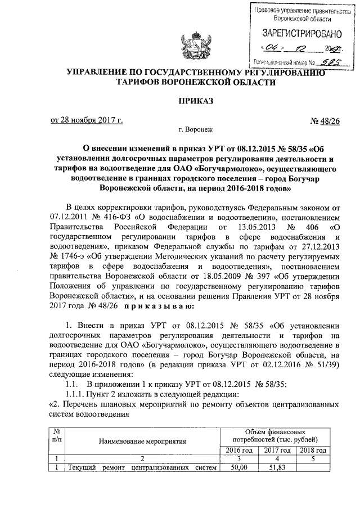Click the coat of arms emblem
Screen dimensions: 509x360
[x=190, y=46]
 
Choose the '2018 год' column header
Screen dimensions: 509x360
[x=313, y=450]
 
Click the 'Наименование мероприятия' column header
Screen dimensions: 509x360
[x=143, y=442]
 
